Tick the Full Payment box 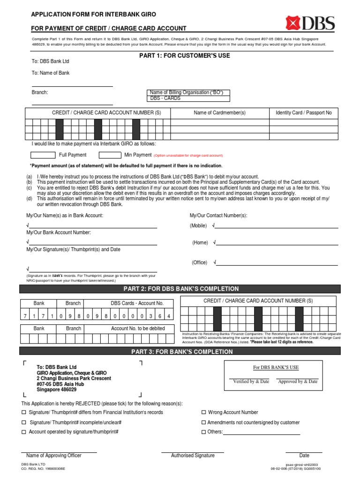coord(43,155)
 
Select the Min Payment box coord(110,155)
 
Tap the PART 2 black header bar coord(180,289)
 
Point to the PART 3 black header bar coord(180,352)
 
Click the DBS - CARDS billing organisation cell coord(188,98)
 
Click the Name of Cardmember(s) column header coord(219,113)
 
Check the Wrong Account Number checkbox coord(203,412)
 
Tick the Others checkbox coord(203,432)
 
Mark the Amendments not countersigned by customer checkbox coord(203,422)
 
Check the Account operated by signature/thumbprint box coord(24,432)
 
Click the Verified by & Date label coord(251,382)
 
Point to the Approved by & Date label coord(298,382)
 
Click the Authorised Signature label coord(193,456)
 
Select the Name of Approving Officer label coord(54,456)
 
